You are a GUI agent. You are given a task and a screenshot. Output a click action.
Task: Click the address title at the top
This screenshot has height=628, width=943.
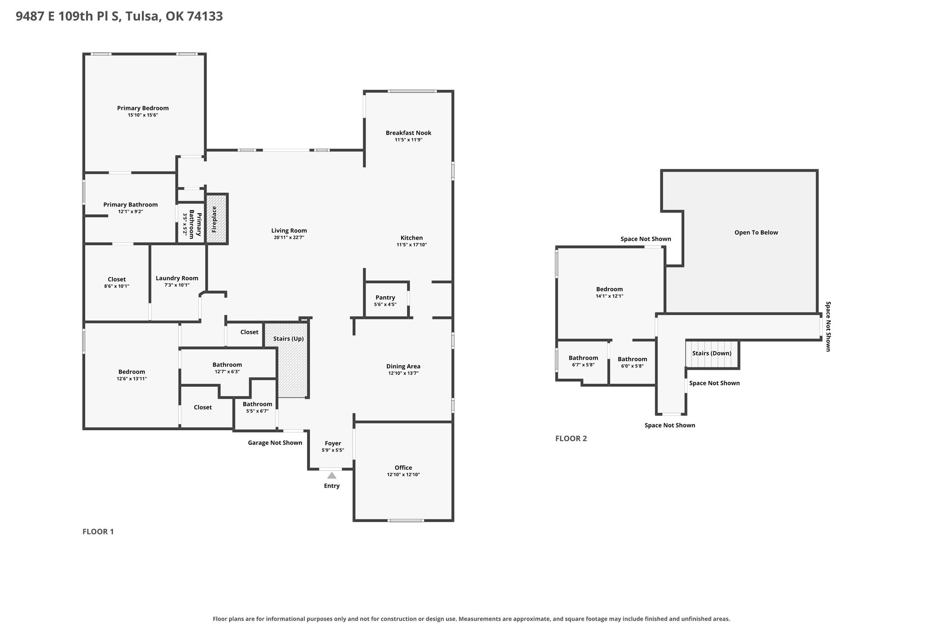pos(119,17)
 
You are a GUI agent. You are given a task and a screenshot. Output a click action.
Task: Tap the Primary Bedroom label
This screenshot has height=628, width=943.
pos(143,108)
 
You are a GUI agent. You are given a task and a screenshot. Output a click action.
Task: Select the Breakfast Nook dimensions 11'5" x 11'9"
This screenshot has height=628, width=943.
pos(408,140)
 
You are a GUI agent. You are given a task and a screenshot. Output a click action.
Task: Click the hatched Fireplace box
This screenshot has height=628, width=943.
pos(216,219)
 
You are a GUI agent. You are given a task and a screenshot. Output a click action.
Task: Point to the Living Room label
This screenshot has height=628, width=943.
pos(289,230)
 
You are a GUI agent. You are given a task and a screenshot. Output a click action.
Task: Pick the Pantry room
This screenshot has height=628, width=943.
pos(386,300)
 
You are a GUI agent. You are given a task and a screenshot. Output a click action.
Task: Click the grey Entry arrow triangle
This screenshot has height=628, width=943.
pos(332,475)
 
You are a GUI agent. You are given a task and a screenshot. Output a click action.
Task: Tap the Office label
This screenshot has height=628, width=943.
pos(403,467)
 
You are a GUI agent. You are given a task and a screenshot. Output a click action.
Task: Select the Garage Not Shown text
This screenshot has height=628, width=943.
pos(275,443)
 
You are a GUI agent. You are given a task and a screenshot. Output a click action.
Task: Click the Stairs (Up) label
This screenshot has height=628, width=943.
pos(288,339)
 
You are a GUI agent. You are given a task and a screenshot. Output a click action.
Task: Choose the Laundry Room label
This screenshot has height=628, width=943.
pos(177,278)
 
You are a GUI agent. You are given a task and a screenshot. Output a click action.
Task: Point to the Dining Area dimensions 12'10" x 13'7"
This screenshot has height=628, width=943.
pos(403,374)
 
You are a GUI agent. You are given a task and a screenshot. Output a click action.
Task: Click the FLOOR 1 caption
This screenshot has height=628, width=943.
pos(98,532)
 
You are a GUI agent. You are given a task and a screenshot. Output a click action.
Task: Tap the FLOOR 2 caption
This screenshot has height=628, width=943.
pos(571,438)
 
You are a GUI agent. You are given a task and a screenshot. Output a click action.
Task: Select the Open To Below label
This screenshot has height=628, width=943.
pos(756,232)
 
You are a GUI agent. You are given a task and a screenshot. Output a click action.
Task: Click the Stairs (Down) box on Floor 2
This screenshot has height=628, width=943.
pos(712,354)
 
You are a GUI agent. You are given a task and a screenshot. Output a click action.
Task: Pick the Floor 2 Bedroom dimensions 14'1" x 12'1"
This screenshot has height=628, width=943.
pos(610,296)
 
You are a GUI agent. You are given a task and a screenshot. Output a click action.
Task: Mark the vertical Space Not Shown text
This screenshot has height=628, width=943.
pos(828,327)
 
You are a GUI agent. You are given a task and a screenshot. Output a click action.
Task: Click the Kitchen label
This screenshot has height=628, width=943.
pos(412,238)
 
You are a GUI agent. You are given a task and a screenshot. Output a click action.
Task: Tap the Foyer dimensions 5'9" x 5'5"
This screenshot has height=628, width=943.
pos(333,450)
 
